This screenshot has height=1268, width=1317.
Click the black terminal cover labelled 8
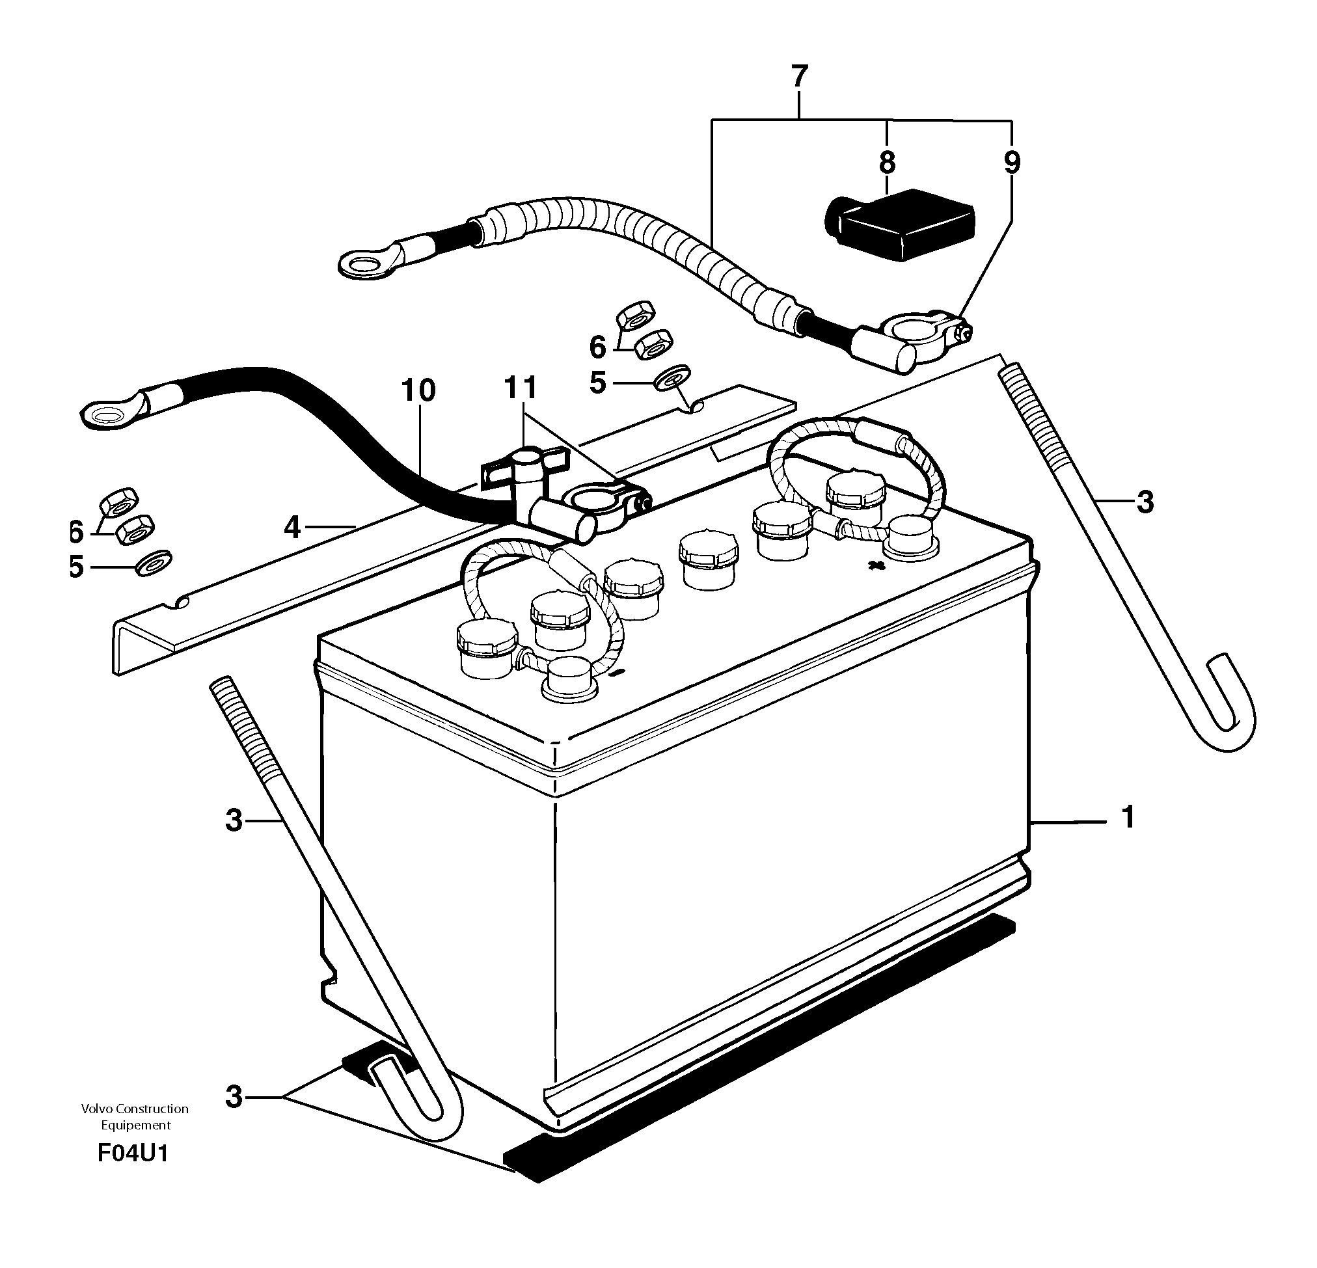pyautogui.click(x=901, y=225)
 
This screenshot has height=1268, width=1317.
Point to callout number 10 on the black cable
pyautogui.click(x=418, y=390)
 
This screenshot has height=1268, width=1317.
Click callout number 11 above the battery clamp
pyautogui.click(x=521, y=388)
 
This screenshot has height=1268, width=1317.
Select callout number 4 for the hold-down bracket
pyautogui.click(x=292, y=528)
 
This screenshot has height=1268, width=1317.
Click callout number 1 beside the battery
pyautogui.click(x=1128, y=817)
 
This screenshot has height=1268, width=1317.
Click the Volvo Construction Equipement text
pyautogui.click(x=135, y=1117)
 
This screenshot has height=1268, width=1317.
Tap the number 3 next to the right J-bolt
pyautogui.click(x=1145, y=502)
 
